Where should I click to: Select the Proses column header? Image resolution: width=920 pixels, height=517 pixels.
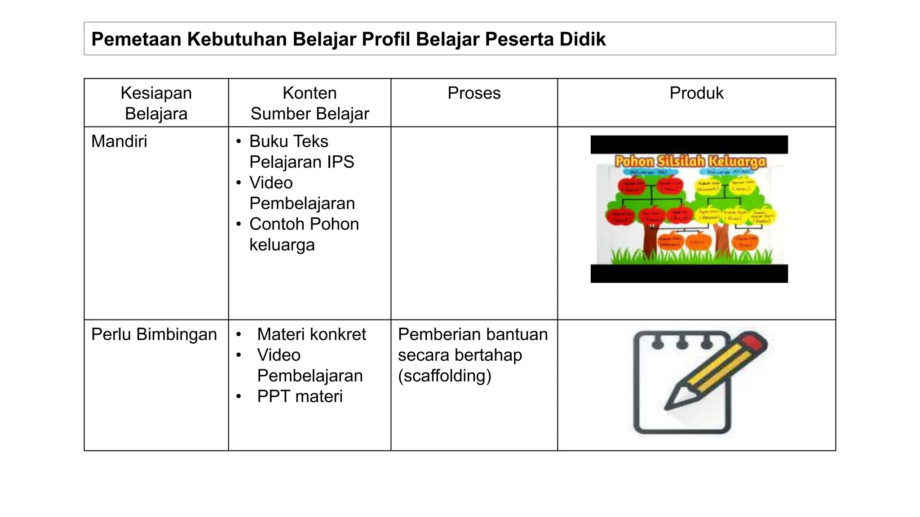pos(474,93)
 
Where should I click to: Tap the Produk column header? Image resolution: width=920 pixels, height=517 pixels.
pos(696,93)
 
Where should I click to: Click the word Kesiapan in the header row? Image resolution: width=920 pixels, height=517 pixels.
pos(156,93)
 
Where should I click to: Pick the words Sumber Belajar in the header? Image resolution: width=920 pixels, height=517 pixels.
pos(310,114)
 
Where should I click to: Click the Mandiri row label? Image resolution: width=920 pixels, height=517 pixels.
pos(119,141)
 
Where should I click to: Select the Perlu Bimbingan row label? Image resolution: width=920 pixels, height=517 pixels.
pos(154,334)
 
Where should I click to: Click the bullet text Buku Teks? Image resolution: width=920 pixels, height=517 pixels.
pos(288,141)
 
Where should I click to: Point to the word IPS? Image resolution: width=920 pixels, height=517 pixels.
pos(340,162)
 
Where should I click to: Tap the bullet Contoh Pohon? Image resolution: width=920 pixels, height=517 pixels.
pos(304,224)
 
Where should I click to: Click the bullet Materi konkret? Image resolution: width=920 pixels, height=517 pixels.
pos(311,334)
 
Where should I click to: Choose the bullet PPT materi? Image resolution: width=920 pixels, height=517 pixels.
pos(300,396)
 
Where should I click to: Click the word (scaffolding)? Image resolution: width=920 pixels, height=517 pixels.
pos(444,376)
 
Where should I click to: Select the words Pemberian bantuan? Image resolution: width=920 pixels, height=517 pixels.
pos(473,334)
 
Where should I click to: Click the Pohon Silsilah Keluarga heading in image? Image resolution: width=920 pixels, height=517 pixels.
pos(690,162)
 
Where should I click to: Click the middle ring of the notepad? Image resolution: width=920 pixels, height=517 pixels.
pos(682,343)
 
